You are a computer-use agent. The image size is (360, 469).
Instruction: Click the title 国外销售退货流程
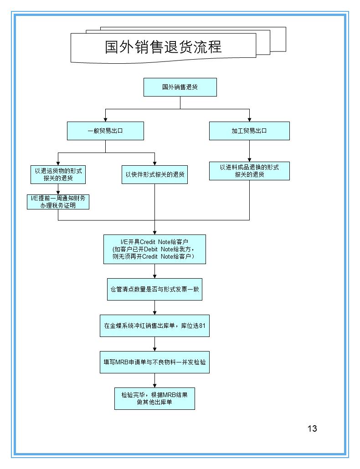pos(163,47)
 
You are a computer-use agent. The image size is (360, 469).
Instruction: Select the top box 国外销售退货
pos(180,87)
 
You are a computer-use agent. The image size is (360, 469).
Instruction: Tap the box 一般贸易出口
pos(105,131)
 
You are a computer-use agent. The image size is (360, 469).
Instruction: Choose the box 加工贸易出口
pos(249,131)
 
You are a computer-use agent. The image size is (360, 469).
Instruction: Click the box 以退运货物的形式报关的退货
pos(58,174)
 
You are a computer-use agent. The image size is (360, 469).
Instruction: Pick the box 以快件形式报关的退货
pos(155,174)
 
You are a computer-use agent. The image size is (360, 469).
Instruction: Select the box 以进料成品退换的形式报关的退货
pos(249,171)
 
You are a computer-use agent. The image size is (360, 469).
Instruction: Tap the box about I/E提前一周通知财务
pos(58,201)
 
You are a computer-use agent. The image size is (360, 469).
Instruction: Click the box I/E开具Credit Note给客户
pos(154,249)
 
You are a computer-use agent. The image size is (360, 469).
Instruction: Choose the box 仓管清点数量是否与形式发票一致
pos(154,289)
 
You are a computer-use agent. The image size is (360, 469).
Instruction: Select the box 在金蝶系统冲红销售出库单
pos(154,326)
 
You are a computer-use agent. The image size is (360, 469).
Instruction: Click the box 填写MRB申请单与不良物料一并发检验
pos(154,362)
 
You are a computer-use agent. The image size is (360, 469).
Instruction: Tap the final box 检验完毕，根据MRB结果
pos(154,398)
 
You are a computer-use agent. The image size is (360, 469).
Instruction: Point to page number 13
pos(312,428)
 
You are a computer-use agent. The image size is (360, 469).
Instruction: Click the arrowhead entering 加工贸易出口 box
pos(249,119)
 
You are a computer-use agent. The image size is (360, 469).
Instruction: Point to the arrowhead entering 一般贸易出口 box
pos(105,119)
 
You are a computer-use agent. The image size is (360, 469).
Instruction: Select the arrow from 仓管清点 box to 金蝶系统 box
pos(155,308)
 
